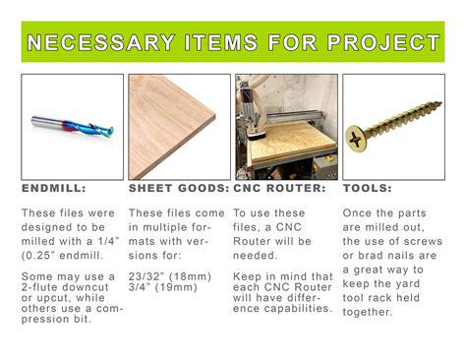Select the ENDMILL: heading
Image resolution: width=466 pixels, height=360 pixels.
pyautogui.click(x=54, y=187)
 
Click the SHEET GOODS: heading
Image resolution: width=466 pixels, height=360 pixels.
pyautogui.click(x=178, y=187)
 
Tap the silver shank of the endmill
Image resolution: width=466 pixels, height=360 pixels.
pyautogui.click(x=49, y=123)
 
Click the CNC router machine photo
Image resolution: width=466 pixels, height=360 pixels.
pyautogui.click(x=285, y=125)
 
